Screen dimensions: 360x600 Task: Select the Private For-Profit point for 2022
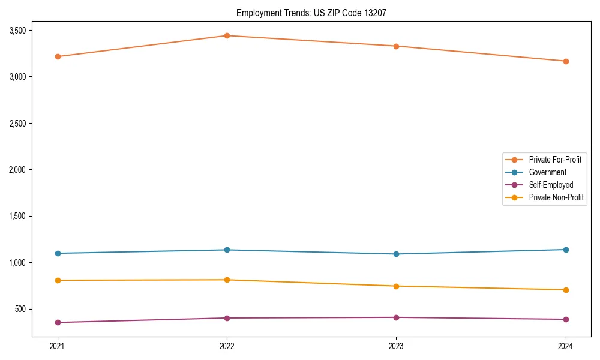pos(227,36)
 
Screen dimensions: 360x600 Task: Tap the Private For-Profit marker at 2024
pos(566,61)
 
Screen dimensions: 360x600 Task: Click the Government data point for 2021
pos(58,253)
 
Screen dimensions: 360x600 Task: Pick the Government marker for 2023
pos(396,254)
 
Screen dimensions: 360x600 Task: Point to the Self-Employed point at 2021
pos(58,322)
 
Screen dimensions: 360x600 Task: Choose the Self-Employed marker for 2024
pos(566,319)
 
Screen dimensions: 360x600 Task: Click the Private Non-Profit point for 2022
pos(227,280)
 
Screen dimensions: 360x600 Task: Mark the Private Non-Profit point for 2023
pos(396,286)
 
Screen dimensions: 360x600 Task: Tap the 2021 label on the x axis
pos(58,346)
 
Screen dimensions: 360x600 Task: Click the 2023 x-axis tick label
pos(396,346)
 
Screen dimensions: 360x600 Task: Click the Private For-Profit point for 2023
pos(396,46)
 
